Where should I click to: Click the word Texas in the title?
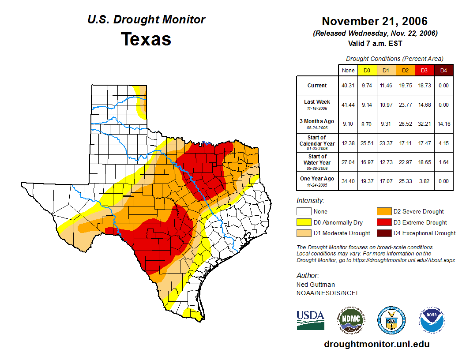[146, 39]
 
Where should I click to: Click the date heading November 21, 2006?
[375, 21]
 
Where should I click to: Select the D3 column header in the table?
[424, 70]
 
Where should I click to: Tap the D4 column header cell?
[443, 70]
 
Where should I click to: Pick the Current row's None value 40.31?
[348, 86]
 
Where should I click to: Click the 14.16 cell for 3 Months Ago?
[443, 124]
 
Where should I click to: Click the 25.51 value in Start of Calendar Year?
[367, 143]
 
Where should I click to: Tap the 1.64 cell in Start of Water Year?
[443, 162]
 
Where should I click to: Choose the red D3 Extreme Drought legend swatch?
[383, 222]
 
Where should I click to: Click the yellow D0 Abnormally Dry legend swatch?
[303, 222]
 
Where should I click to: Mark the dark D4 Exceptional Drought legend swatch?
[383, 233]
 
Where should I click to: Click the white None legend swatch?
[303, 212]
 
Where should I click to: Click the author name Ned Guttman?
[316, 285]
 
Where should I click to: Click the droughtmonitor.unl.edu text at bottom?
[376, 344]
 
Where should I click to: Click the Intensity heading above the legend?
[310, 201]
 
